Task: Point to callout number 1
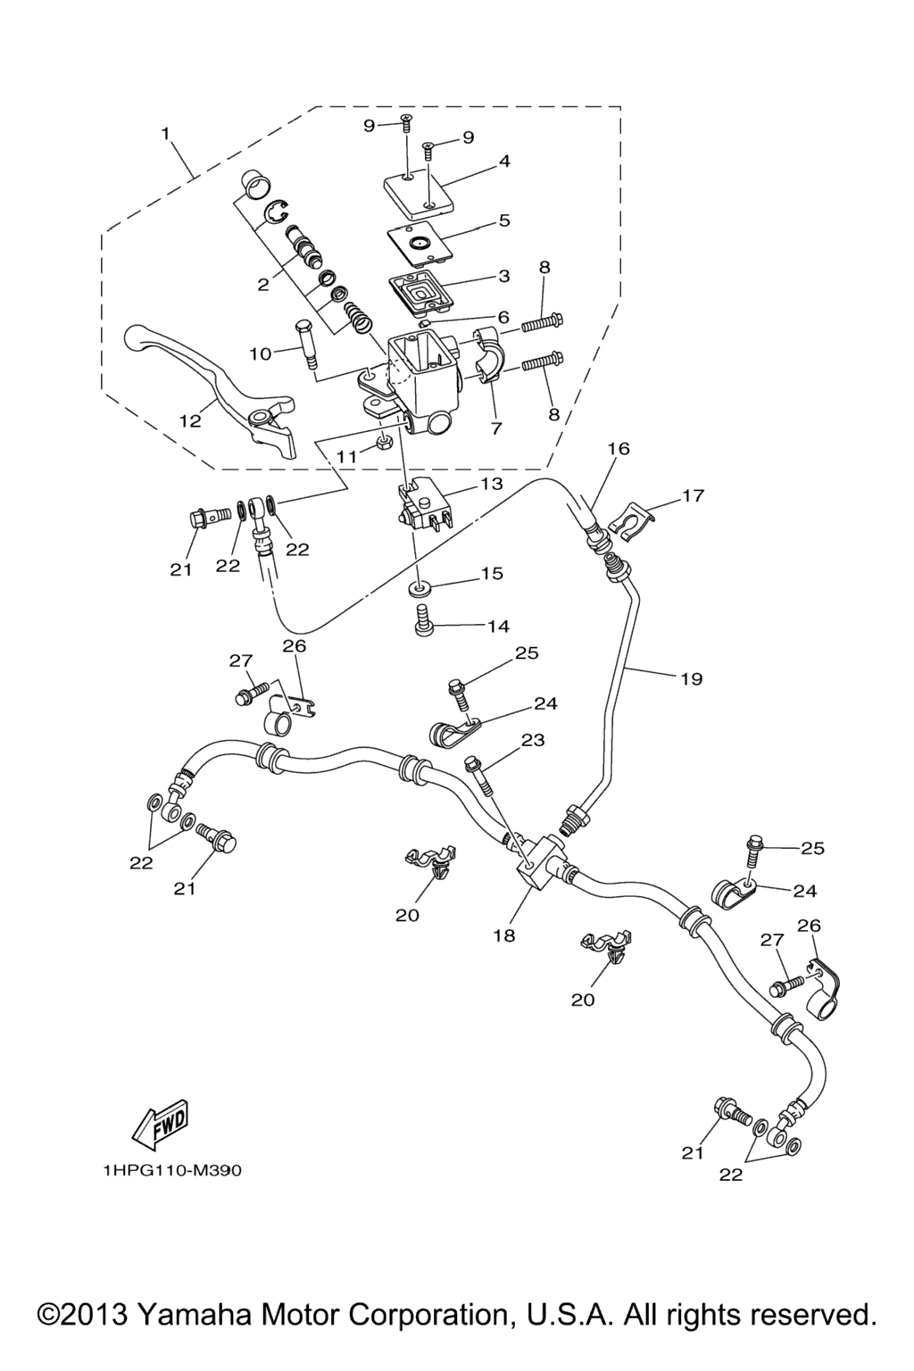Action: click(x=165, y=133)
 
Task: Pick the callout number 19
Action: click(x=691, y=679)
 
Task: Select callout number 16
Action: click(x=619, y=449)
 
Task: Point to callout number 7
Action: click(x=496, y=428)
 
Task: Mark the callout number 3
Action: click(x=504, y=276)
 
